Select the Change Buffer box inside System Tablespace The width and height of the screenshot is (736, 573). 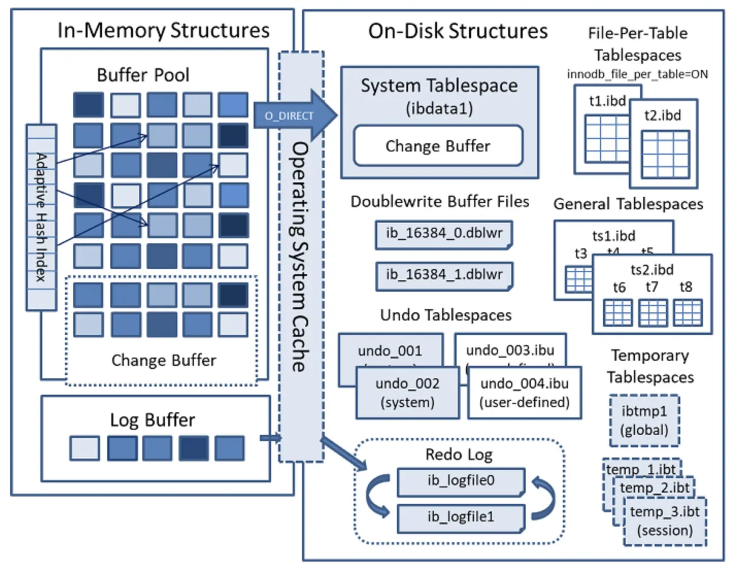[438, 146]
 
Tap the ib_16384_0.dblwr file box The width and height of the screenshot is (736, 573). [444, 234]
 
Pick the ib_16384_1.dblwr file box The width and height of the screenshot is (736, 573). [444, 275]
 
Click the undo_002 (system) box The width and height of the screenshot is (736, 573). [408, 393]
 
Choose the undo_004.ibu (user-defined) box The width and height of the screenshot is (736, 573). [524, 393]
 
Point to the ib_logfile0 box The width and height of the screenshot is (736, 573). [461, 481]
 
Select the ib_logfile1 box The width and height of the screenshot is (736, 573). [461, 517]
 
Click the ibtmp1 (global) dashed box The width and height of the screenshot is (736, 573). [644, 421]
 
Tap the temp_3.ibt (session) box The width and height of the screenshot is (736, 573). [665, 521]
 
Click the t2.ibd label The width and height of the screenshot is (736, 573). [662, 116]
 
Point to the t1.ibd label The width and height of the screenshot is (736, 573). [607, 101]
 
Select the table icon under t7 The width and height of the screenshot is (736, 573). [653, 312]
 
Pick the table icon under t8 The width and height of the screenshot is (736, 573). [688, 312]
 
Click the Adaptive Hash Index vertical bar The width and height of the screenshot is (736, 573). [41, 217]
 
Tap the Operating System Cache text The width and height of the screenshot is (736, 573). [300, 257]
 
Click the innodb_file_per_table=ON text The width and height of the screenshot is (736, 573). [637, 74]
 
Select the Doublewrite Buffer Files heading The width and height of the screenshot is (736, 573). [440, 202]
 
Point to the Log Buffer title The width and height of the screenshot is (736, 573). [152, 420]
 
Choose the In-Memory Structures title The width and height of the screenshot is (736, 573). [163, 30]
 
